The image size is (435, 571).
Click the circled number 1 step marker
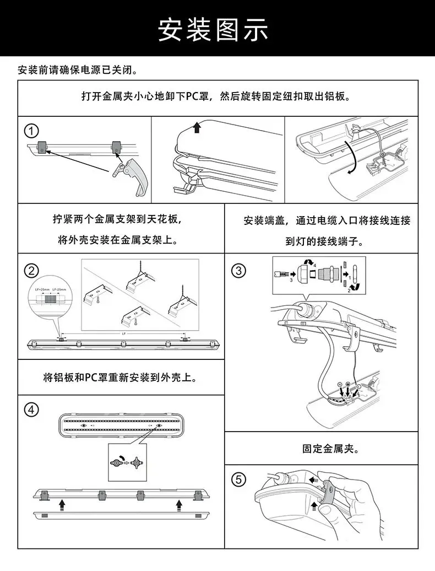(32, 131)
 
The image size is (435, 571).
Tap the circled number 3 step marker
(238, 271)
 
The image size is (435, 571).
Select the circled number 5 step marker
(238, 480)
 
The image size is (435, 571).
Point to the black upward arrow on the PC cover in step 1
(197, 128)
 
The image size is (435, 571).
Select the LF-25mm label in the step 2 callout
(59, 289)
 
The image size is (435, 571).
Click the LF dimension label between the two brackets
(123, 333)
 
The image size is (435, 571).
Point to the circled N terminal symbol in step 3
(340, 384)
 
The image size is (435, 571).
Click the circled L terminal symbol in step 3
(359, 387)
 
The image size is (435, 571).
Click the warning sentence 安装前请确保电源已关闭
(77, 70)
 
